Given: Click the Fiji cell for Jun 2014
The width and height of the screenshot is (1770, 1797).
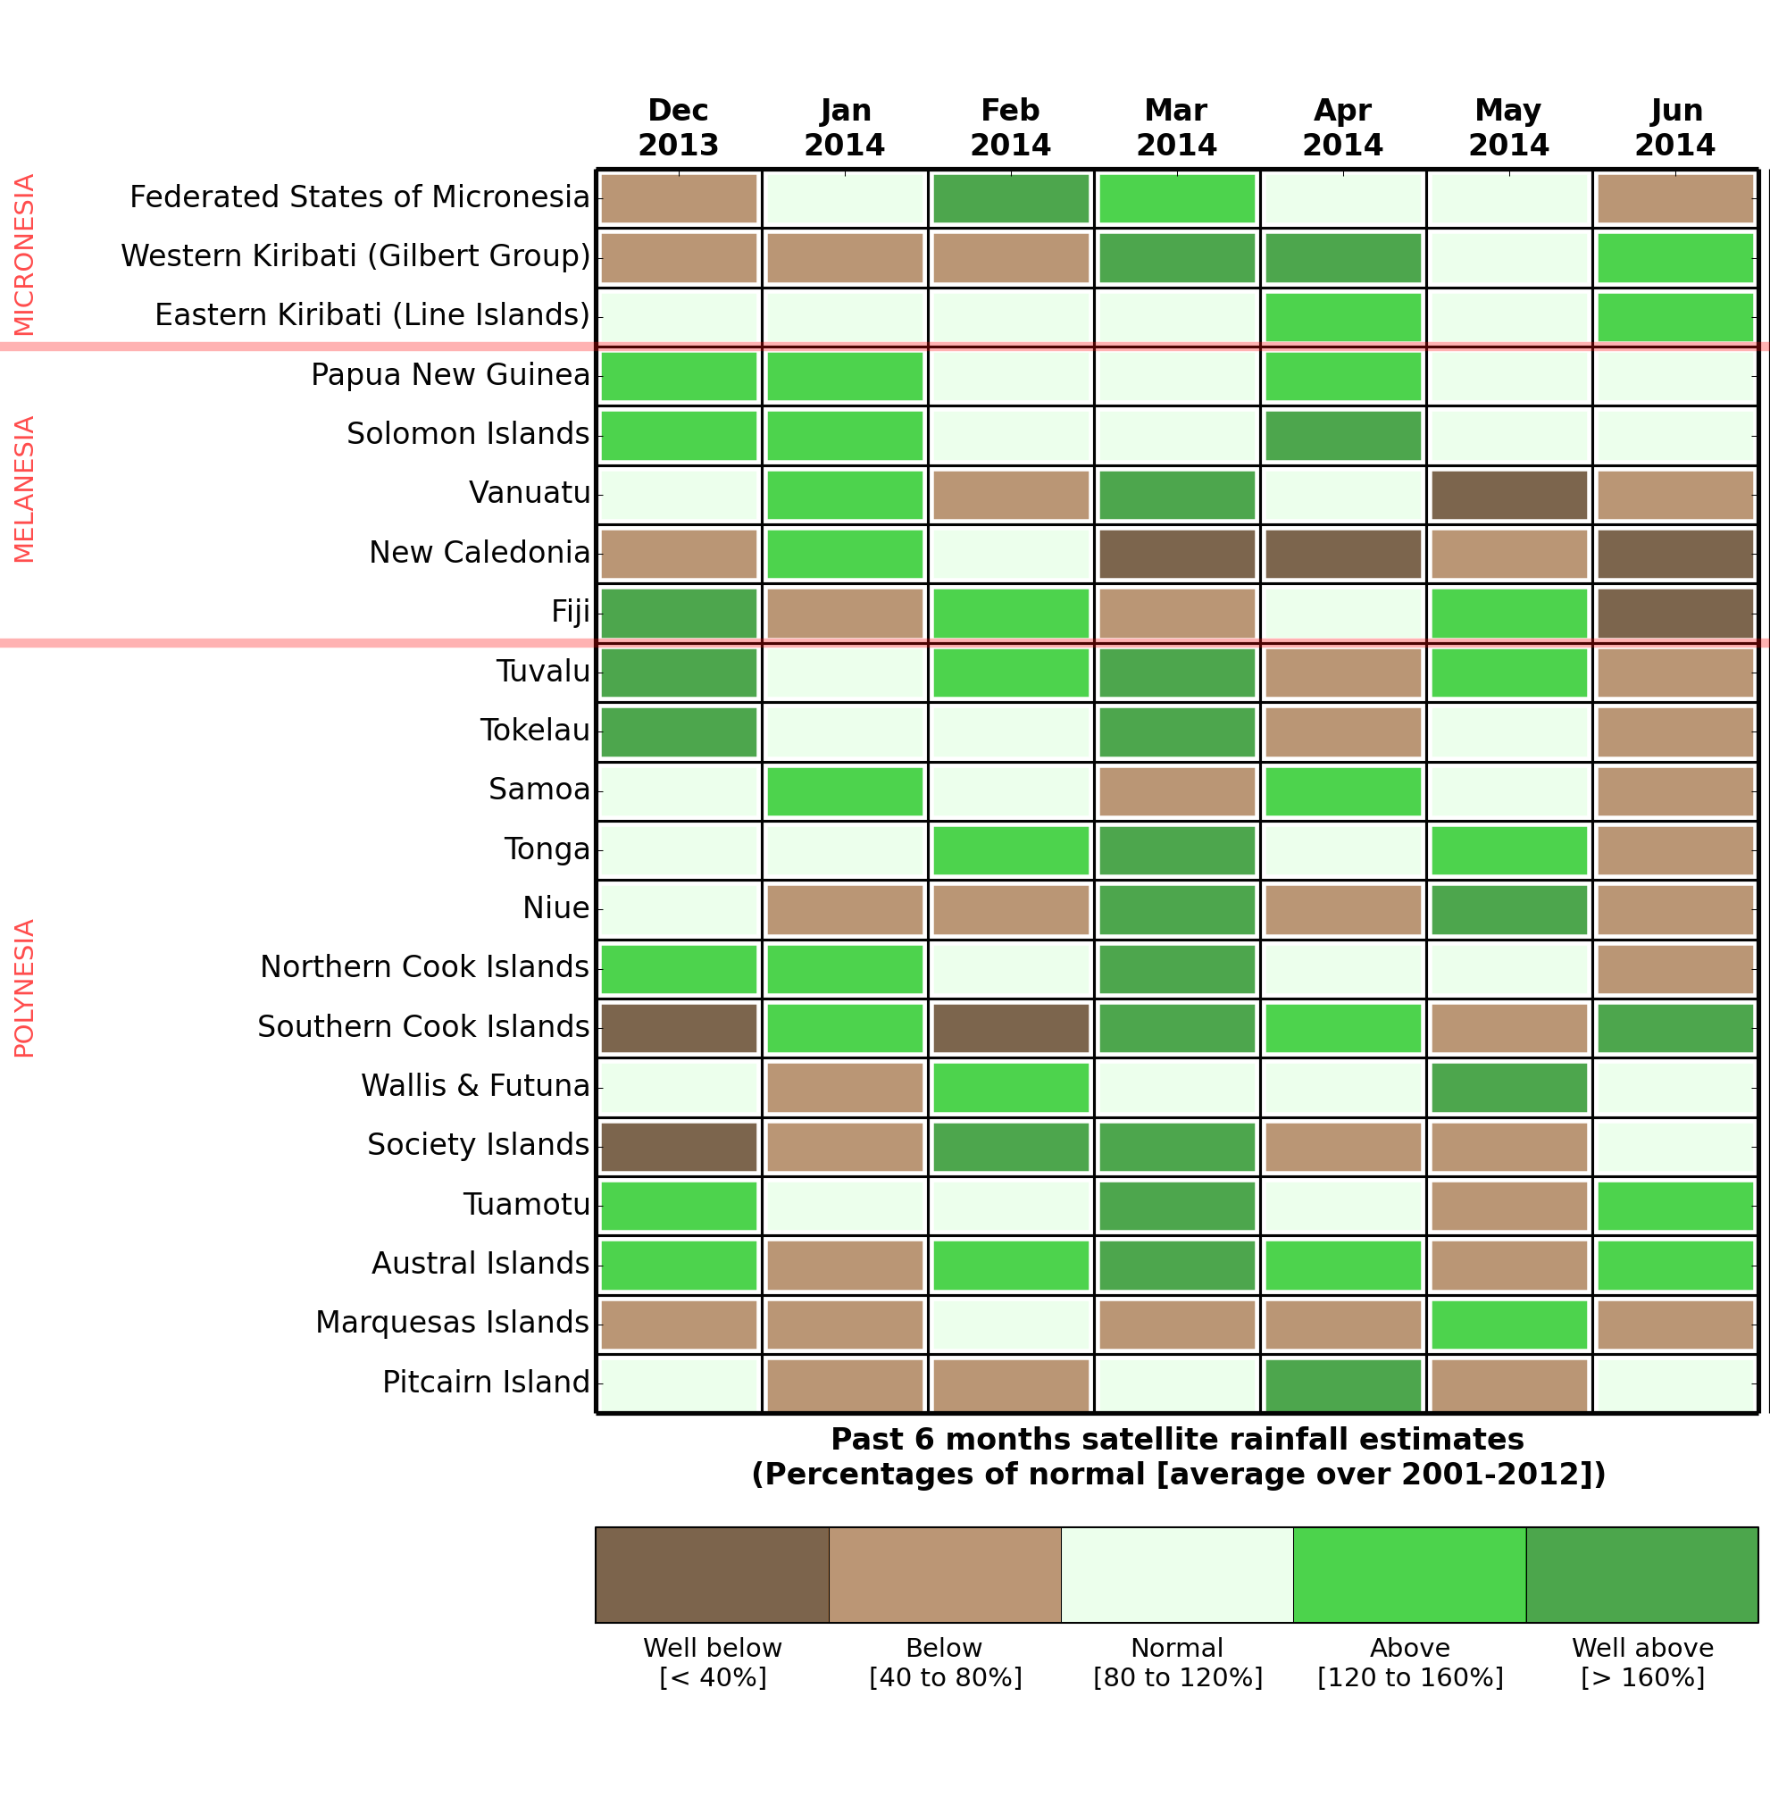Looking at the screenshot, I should pyautogui.click(x=1675, y=613).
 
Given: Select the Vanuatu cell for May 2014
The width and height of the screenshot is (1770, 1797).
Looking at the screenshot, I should pyautogui.click(x=1508, y=495).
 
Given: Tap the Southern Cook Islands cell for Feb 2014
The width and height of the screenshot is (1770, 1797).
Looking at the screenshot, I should pyautogui.click(x=1011, y=1027).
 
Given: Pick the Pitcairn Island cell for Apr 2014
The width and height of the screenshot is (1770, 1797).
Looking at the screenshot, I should pyautogui.click(x=1342, y=1384).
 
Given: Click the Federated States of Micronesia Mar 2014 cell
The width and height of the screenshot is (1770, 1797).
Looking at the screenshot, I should pyautogui.click(x=1177, y=198).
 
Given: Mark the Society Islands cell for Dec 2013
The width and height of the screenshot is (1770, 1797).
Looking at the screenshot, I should pyautogui.click(x=679, y=1146).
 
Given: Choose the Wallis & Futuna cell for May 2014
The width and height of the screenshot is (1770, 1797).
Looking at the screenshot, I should pyautogui.click(x=1508, y=1087).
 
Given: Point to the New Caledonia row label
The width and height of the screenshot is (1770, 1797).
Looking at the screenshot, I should pyautogui.click(x=479, y=553).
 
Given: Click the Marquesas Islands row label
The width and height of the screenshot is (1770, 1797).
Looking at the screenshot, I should pyautogui.click(x=452, y=1322).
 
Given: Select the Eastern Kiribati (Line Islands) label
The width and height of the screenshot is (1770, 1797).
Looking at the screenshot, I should pyautogui.click(x=372, y=315).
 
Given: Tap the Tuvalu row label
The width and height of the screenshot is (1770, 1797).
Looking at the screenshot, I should pyautogui.click(x=543, y=672).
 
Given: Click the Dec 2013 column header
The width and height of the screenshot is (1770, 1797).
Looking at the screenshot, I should pyautogui.click(x=679, y=128).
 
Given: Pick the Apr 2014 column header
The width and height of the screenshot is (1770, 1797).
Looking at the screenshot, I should pyautogui.click(x=1342, y=128).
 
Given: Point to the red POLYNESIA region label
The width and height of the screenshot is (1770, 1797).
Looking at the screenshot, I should pyautogui.click(x=24, y=987).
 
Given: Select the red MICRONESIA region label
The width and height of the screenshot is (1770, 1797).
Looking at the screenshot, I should pyautogui.click(x=24, y=254).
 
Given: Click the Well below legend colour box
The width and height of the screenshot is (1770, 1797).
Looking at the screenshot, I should pyautogui.click(x=712, y=1574).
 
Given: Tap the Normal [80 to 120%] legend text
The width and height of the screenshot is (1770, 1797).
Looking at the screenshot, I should pyautogui.click(x=1177, y=1662).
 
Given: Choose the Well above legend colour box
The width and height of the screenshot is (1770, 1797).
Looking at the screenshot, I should pyautogui.click(x=1641, y=1574).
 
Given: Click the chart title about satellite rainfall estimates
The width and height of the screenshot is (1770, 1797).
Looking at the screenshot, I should pyautogui.click(x=1177, y=1456).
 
